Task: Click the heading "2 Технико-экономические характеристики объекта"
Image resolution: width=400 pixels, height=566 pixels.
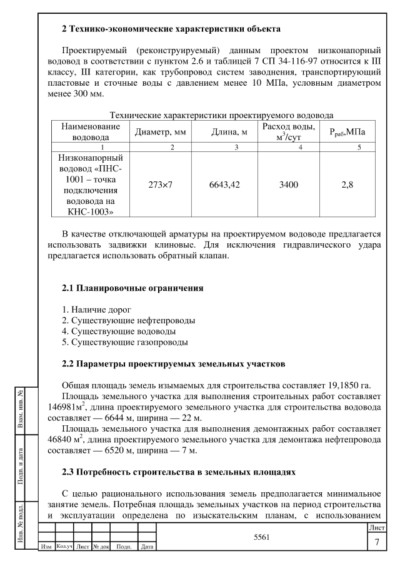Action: [171, 29]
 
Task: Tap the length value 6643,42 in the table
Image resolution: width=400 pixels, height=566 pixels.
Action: [219, 186]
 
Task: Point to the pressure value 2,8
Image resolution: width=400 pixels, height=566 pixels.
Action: [350, 186]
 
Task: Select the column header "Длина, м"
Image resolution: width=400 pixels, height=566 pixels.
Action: [219, 133]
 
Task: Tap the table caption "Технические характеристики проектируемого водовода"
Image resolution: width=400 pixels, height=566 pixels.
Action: [221, 114]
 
